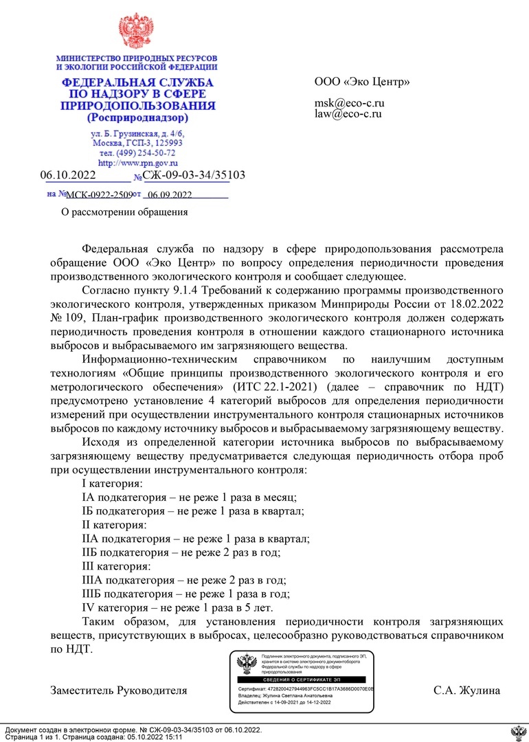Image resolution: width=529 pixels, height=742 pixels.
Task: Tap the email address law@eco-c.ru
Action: pos(348,114)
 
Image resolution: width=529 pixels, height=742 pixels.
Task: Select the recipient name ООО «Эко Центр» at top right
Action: pos(362,82)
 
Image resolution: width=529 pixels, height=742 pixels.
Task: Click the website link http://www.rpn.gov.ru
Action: pos(137,164)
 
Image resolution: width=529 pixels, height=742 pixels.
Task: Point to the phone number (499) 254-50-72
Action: pos(137,153)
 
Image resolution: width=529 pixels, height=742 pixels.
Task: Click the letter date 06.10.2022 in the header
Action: pos(68,175)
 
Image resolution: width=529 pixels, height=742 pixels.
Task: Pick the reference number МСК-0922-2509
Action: pos(99,195)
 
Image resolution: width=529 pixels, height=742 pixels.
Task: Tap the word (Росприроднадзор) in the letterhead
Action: pos(137,118)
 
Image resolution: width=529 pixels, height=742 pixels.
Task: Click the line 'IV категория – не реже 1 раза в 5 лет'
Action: pos(178,607)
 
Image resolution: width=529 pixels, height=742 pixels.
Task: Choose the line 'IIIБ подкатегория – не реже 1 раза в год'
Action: pos(185,594)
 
